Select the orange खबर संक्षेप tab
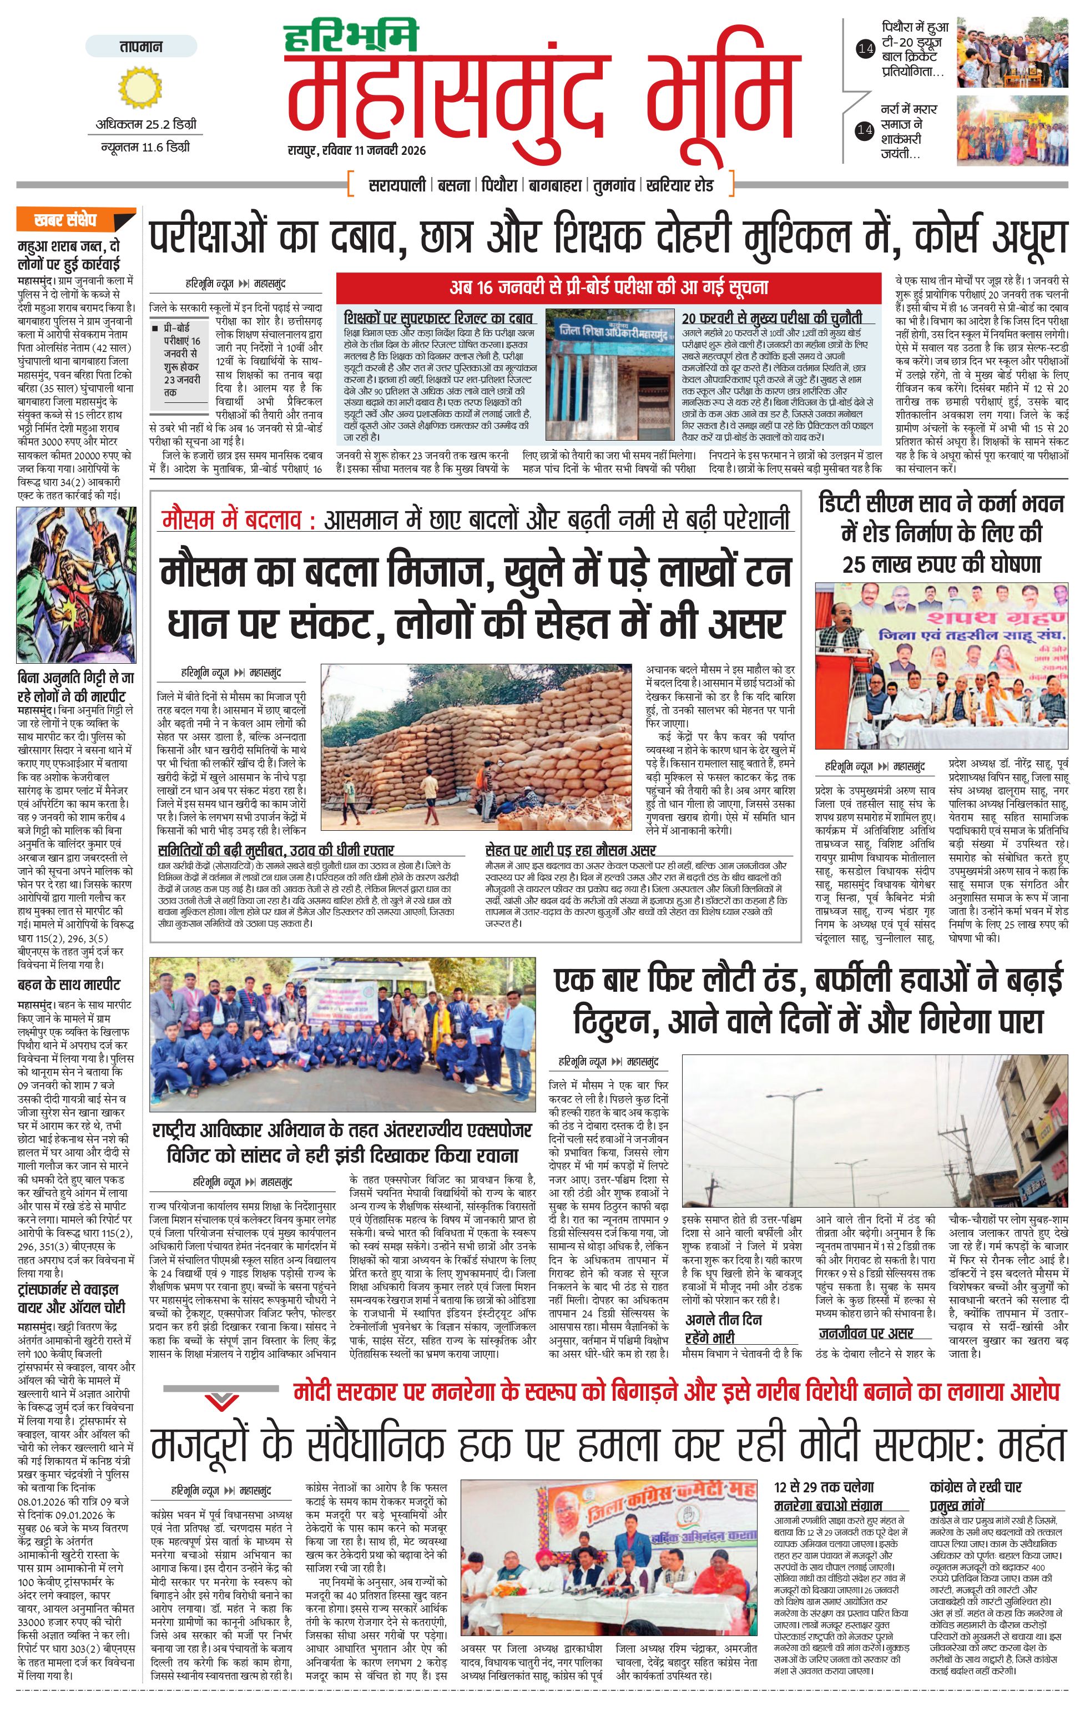click(x=74, y=219)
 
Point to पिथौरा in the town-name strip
click(x=498, y=185)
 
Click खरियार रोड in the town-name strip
click(x=679, y=185)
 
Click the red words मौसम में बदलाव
click(x=230, y=519)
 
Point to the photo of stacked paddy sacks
click(x=477, y=748)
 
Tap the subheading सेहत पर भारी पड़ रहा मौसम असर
click(x=569, y=850)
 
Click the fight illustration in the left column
click(x=76, y=584)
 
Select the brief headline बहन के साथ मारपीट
click(x=69, y=985)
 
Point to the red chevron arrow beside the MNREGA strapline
click(x=221, y=1399)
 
